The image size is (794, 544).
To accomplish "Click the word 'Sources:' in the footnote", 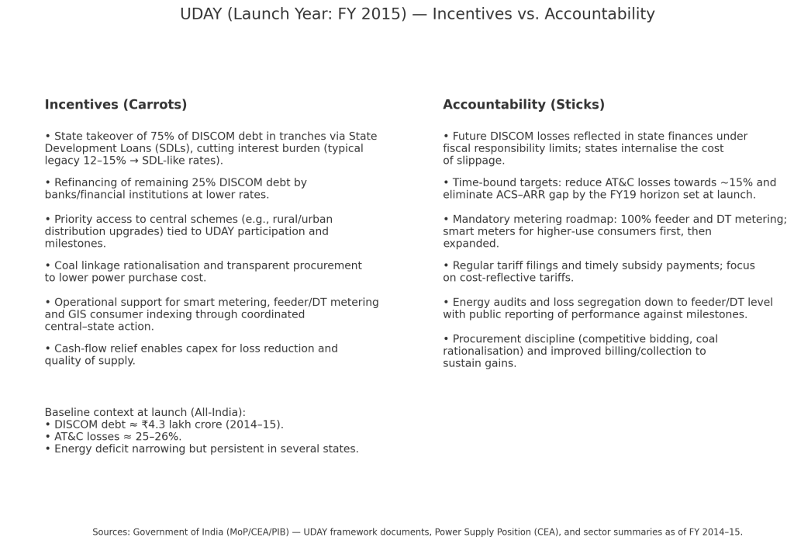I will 111,532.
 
